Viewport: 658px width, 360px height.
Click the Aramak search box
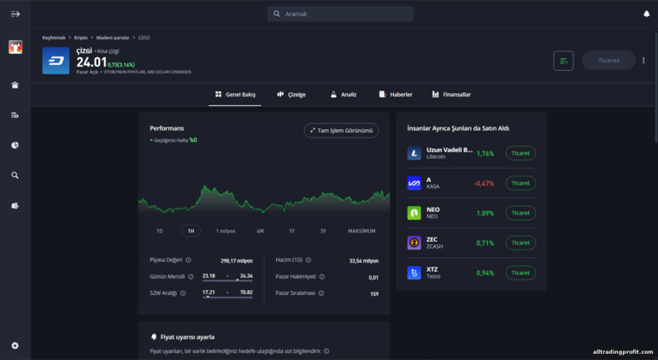point(340,14)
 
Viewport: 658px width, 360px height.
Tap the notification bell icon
point(646,14)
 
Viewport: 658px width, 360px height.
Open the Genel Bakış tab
point(235,94)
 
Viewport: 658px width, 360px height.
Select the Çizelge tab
point(291,94)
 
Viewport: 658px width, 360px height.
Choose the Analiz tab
point(344,94)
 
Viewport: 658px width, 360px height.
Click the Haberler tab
point(396,94)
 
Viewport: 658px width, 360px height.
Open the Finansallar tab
point(451,94)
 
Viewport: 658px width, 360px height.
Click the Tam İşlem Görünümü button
point(341,131)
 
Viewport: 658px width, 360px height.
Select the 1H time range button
point(191,231)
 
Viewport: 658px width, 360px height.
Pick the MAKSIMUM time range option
point(361,231)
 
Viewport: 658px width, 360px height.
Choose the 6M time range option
point(260,231)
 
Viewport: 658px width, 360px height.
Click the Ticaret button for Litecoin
point(520,153)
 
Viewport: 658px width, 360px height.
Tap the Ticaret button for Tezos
point(520,273)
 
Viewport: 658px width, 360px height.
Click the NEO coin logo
point(414,213)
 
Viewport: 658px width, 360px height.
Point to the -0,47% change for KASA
point(484,183)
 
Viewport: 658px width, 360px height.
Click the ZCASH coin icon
point(414,243)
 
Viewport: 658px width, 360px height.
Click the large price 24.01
point(91,62)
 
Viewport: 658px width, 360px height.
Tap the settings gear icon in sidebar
point(15,345)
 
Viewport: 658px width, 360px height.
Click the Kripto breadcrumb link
point(81,38)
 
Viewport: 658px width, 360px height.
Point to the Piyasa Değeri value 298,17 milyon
point(236,260)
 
